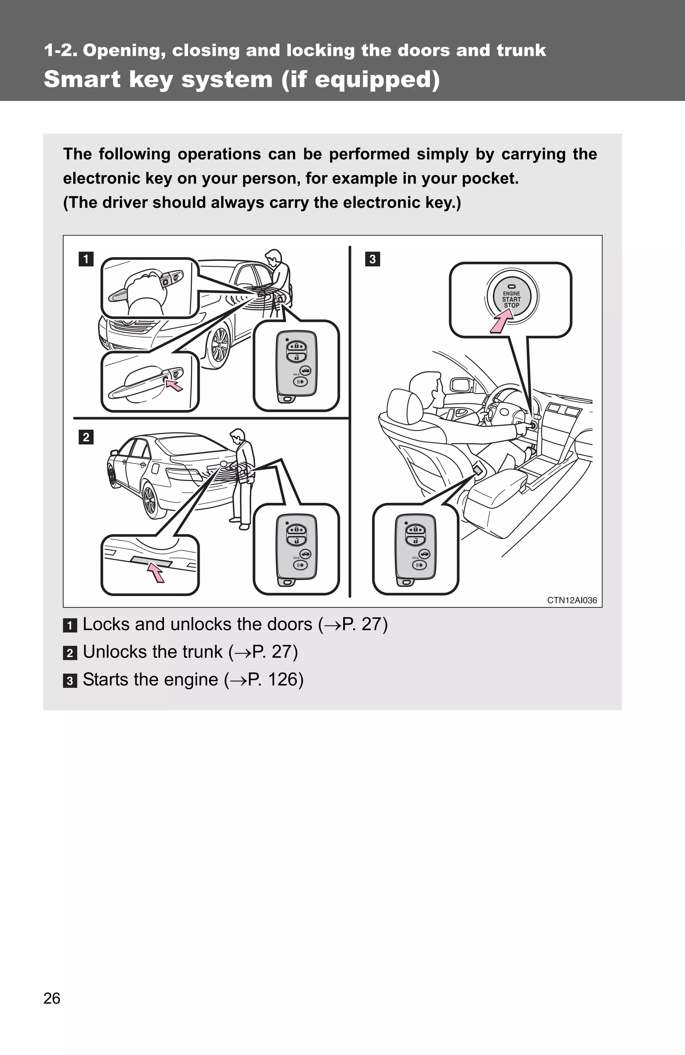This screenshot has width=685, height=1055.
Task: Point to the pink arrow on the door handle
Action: (x=174, y=386)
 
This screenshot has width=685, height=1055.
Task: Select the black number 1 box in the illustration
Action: (x=86, y=259)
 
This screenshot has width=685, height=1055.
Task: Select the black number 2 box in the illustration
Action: (x=86, y=437)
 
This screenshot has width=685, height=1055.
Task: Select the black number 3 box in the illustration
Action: (x=372, y=259)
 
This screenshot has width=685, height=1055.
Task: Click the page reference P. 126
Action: (x=275, y=680)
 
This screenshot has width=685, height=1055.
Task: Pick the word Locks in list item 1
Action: (x=106, y=624)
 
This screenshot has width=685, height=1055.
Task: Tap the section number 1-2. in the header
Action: (x=61, y=51)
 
